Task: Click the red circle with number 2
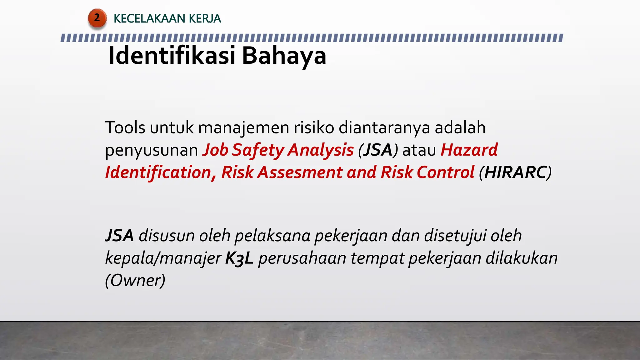pos(97,18)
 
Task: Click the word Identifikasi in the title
pos(172,56)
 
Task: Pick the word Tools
pos(125,127)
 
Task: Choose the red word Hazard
pos(469,150)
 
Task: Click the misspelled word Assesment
pos(300,172)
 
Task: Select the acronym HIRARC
pos(515,172)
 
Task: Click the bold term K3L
pos(239,258)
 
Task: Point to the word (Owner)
pos(135,280)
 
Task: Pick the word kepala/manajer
pos(163,258)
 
